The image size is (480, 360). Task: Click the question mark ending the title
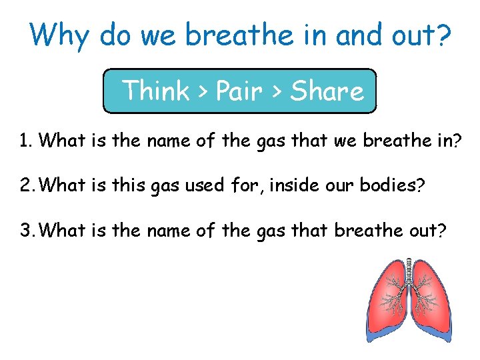click(x=441, y=35)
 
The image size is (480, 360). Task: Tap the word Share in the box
click(x=327, y=90)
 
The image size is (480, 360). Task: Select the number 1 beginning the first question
click(x=24, y=141)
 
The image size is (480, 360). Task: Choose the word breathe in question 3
click(x=367, y=231)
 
